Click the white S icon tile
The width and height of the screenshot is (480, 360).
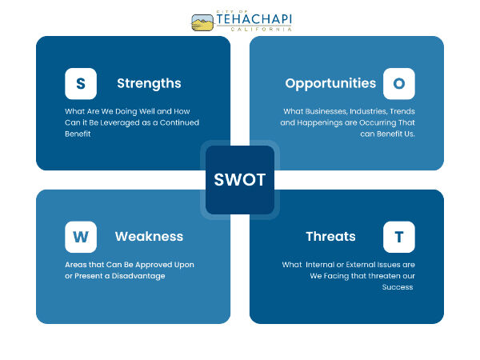coord(81,83)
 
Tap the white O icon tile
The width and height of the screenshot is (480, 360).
coord(399,83)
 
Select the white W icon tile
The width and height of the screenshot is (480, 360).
coord(81,237)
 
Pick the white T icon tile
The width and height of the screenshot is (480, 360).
coord(399,237)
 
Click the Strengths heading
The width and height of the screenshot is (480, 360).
coord(149,83)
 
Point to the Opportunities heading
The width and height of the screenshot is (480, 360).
coord(330,83)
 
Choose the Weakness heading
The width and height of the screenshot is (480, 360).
coord(149,237)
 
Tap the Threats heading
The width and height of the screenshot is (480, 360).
coord(331,237)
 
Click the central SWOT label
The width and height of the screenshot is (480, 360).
coord(240,180)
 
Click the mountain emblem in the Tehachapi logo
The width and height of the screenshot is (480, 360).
coord(202,22)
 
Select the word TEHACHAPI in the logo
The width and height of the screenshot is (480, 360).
coord(254,19)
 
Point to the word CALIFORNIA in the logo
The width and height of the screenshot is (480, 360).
coord(261,29)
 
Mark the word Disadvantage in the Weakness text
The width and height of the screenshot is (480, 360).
coord(138,276)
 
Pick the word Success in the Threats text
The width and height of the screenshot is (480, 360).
coord(398,287)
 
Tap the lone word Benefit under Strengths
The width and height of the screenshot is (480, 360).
coord(78,134)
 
